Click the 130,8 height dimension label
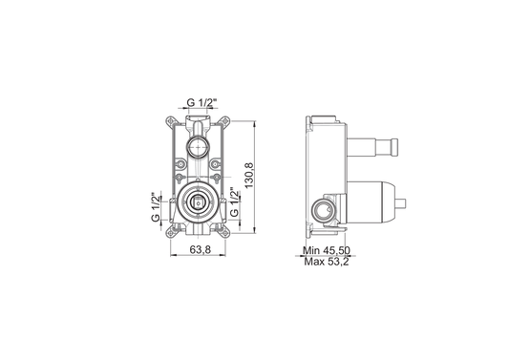pos(249,176)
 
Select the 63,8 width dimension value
pos(201,249)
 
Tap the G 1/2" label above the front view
pos(201,102)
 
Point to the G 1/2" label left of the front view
pos(157,208)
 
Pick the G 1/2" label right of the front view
pos(234,202)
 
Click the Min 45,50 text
pos(327,250)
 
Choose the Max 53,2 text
pos(327,262)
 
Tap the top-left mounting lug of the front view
pos(170,121)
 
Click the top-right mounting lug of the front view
pos(225,121)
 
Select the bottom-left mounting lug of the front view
pos(170,232)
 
